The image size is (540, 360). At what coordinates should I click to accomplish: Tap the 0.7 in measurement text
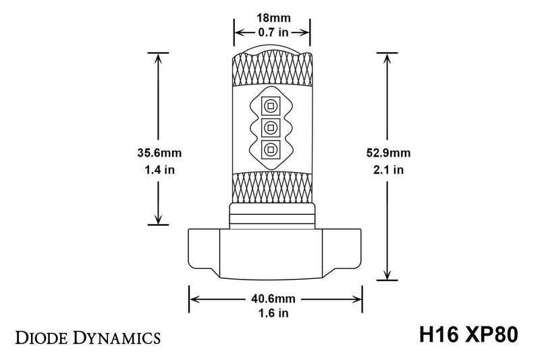[273, 32]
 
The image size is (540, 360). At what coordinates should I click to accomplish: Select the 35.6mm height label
[159, 153]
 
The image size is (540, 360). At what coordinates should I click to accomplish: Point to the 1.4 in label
[159, 170]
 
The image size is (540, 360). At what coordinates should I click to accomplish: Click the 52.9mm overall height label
[388, 153]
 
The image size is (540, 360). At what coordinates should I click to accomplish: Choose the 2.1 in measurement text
[389, 170]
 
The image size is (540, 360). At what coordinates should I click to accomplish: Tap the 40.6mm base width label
[273, 299]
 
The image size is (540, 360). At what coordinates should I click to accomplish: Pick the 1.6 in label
[273, 313]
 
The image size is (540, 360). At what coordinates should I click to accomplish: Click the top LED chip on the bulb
[271, 106]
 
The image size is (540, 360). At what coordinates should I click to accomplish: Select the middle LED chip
[271, 128]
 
